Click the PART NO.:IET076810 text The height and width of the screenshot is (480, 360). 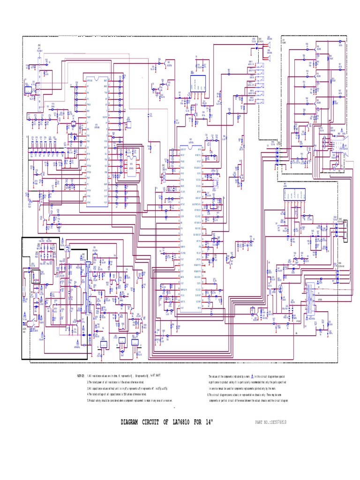pos(270,422)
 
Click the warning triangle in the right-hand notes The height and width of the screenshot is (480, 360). pos(251,376)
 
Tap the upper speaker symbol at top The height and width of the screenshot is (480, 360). pos(270,45)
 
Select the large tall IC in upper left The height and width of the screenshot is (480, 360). pos(97,141)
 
